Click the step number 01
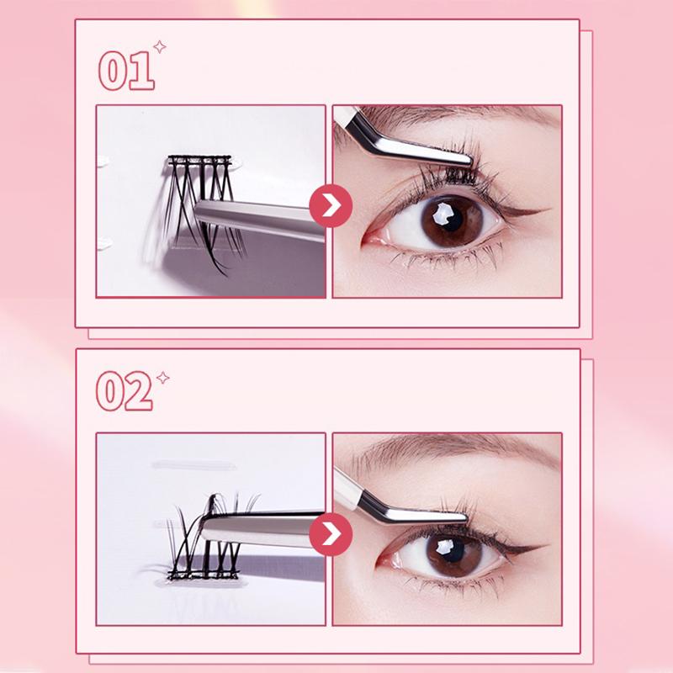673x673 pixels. point(126,70)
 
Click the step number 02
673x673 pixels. point(125,391)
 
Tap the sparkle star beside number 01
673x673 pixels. point(160,46)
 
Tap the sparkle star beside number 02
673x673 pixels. point(162,378)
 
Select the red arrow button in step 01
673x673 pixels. point(331,205)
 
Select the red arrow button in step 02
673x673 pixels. point(331,534)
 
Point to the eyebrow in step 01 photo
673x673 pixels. point(451,116)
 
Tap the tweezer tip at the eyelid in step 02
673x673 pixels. point(463,517)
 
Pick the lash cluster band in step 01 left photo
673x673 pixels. point(199,161)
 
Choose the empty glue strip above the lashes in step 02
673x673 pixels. point(194,464)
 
